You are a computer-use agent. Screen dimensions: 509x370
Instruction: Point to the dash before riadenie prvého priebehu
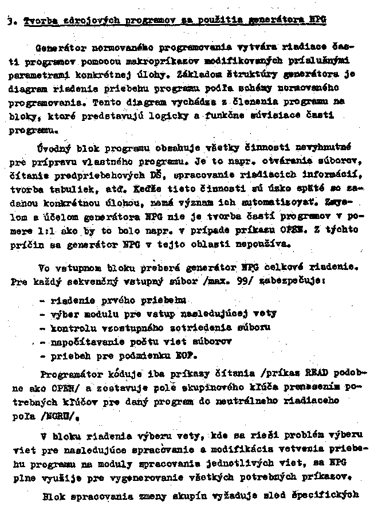point(44,300)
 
